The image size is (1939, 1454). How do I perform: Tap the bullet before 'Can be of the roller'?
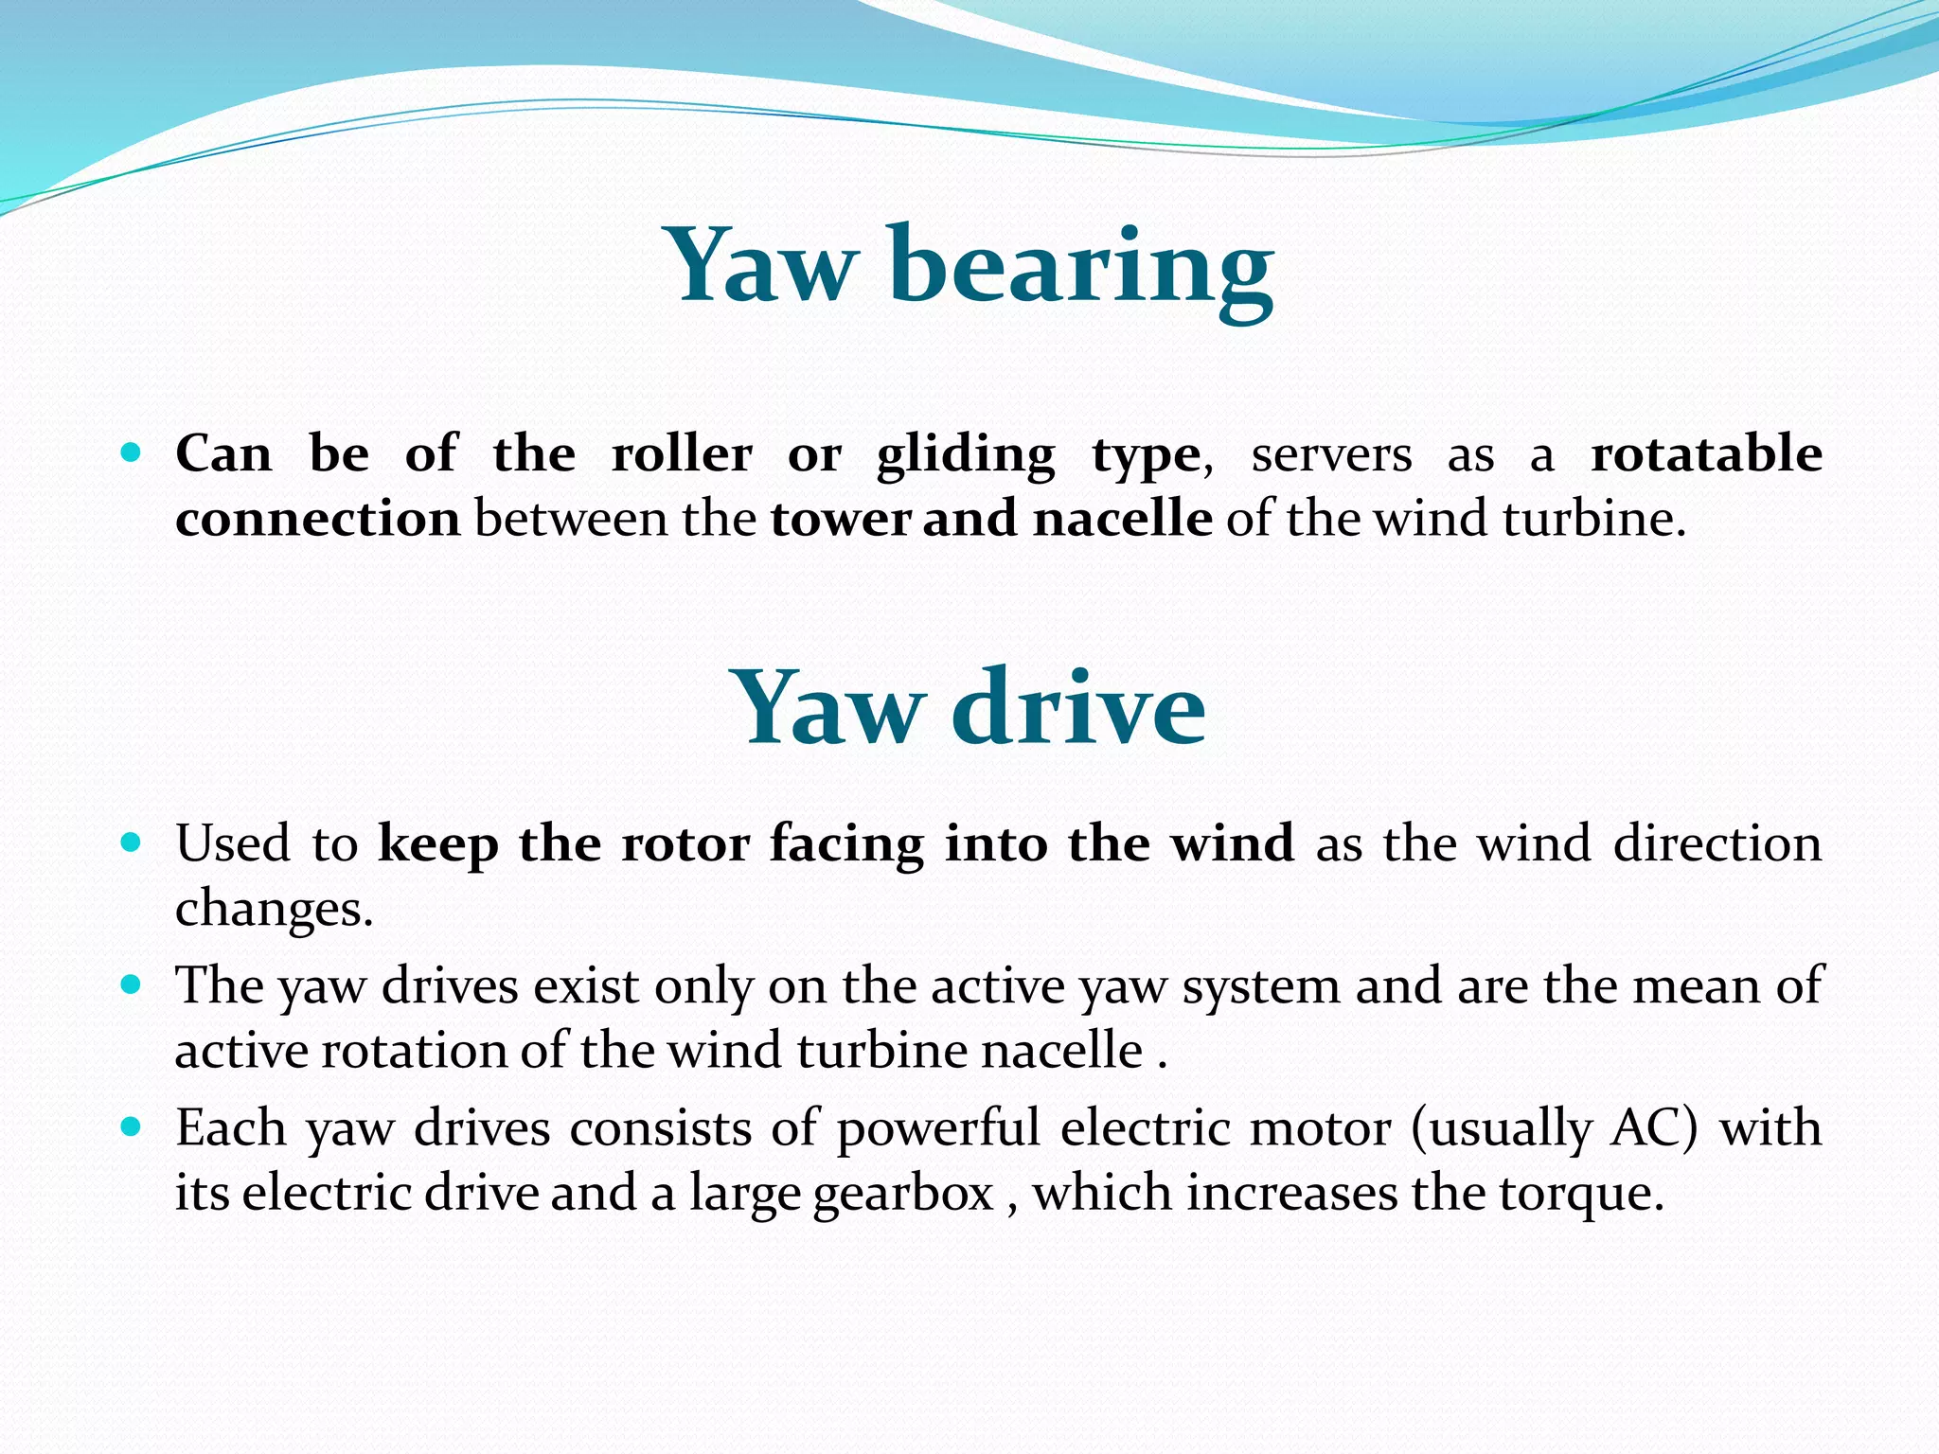coord(132,452)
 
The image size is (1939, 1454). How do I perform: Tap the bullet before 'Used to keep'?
coord(132,842)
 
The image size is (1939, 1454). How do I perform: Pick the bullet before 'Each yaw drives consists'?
coord(132,1127)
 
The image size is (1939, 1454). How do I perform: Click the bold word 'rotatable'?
coord(1705,453)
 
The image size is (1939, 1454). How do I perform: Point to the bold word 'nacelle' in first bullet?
coord(1122,519)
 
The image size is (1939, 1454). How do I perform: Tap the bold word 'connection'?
coord(318,519)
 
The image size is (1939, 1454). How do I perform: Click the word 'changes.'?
coord(275,909)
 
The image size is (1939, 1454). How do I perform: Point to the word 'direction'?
coord(1717,843)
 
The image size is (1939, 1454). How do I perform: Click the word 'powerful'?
coord(938,1129)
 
